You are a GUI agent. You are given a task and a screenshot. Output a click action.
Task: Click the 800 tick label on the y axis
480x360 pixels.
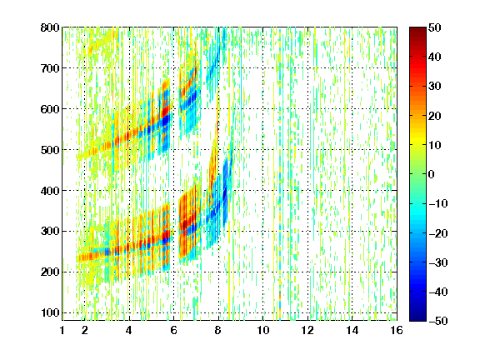pyautogui.click(x=50, y=27)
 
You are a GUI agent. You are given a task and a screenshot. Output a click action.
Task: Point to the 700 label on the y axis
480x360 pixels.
pyautogui.click(x=50, y=68)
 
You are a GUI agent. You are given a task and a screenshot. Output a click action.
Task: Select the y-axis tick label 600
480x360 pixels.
pyautogui.click(x=50, y=109)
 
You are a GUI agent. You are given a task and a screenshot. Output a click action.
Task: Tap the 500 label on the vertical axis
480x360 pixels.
pyautogui.click(x=50, y=150)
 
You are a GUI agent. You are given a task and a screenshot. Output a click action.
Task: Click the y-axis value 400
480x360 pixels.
pyautogui.click(x=50, y=191)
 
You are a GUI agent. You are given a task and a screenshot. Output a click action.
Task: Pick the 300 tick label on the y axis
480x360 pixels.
pyautogui.click(x=50, y=232)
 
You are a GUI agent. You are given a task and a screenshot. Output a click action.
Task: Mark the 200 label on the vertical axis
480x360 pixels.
pyautogui.click(x=50, y=272)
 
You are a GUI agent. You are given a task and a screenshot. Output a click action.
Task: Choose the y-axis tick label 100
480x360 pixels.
pyautogui.click(x=50, y=312)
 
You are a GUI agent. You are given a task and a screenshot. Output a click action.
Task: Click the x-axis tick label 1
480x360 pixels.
pyautogui.click(x=62, y=331)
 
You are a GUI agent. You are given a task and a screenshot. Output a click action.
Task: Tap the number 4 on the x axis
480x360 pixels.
pyautogui.click(x=129, y=331)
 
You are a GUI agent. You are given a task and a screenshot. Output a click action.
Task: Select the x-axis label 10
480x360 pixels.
pyautogui.click(x=262, y=331)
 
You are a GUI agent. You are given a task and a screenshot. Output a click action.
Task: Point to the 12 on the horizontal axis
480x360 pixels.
pyautogui.click(x=307, y=331)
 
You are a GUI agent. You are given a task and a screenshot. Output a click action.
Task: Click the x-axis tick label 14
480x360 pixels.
pyautogui.click(x=352, y=331)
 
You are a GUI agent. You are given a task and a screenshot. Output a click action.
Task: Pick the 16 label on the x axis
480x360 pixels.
pyautogui.click(x=397, y=331)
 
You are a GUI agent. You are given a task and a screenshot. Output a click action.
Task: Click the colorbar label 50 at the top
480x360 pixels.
pyautogui.click(x=435, y=27)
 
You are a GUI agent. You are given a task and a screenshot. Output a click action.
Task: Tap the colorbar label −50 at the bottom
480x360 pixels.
pyautogui.click(x=438, y=321)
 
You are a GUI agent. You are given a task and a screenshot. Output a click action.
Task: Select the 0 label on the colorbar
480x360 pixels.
pyautogui.click(x=432, y=174)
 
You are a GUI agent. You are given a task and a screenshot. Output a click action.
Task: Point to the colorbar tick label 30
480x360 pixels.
pyautogui.click(x=435, y=87)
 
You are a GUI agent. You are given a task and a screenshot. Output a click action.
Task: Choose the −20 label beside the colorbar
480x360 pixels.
pyautogui.click(x=438, y=233)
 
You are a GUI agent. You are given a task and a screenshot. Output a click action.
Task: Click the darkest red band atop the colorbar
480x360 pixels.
pyautogui.click(x=417, y=32)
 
